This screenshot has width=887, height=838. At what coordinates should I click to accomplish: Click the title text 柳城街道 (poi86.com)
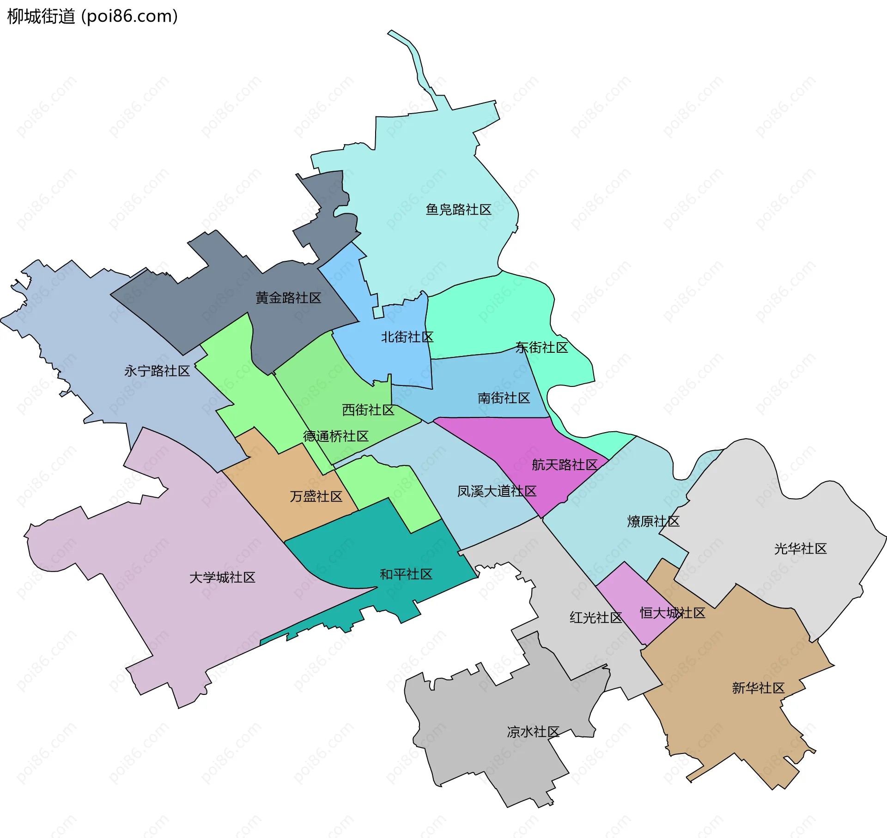point(92,17)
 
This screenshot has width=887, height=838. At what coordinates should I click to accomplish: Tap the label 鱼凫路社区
point(458,210)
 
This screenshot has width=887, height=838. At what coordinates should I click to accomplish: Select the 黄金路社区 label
point(288,298)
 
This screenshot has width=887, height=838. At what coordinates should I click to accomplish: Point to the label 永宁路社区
point(157,371)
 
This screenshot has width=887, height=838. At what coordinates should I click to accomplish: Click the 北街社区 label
point(407,337)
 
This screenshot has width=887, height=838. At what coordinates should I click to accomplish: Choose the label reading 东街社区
point(541,347)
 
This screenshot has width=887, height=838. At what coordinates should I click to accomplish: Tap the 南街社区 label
point(504,398)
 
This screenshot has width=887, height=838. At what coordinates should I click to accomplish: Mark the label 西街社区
point(368,410)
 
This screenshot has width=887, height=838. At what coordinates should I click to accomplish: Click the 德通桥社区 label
point(335,436)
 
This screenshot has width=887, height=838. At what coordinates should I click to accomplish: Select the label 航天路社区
point(564,464)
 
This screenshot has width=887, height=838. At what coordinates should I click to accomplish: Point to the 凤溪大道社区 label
point(497,491)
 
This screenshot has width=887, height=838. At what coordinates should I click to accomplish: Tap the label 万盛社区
point(316,496)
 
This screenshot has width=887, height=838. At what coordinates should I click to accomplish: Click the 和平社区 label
point(406,574)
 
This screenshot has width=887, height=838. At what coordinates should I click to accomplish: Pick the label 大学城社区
point(222,577)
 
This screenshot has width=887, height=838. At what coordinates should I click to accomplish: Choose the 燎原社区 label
point(653,521)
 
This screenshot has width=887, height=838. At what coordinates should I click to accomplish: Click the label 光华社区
point(800,549)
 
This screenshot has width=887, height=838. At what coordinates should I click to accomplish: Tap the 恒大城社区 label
point(672,613)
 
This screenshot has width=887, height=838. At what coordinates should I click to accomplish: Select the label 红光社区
point(596,617)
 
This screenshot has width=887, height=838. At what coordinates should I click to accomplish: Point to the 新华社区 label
point(758,688)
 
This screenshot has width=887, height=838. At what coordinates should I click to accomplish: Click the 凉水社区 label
point(533,732)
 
